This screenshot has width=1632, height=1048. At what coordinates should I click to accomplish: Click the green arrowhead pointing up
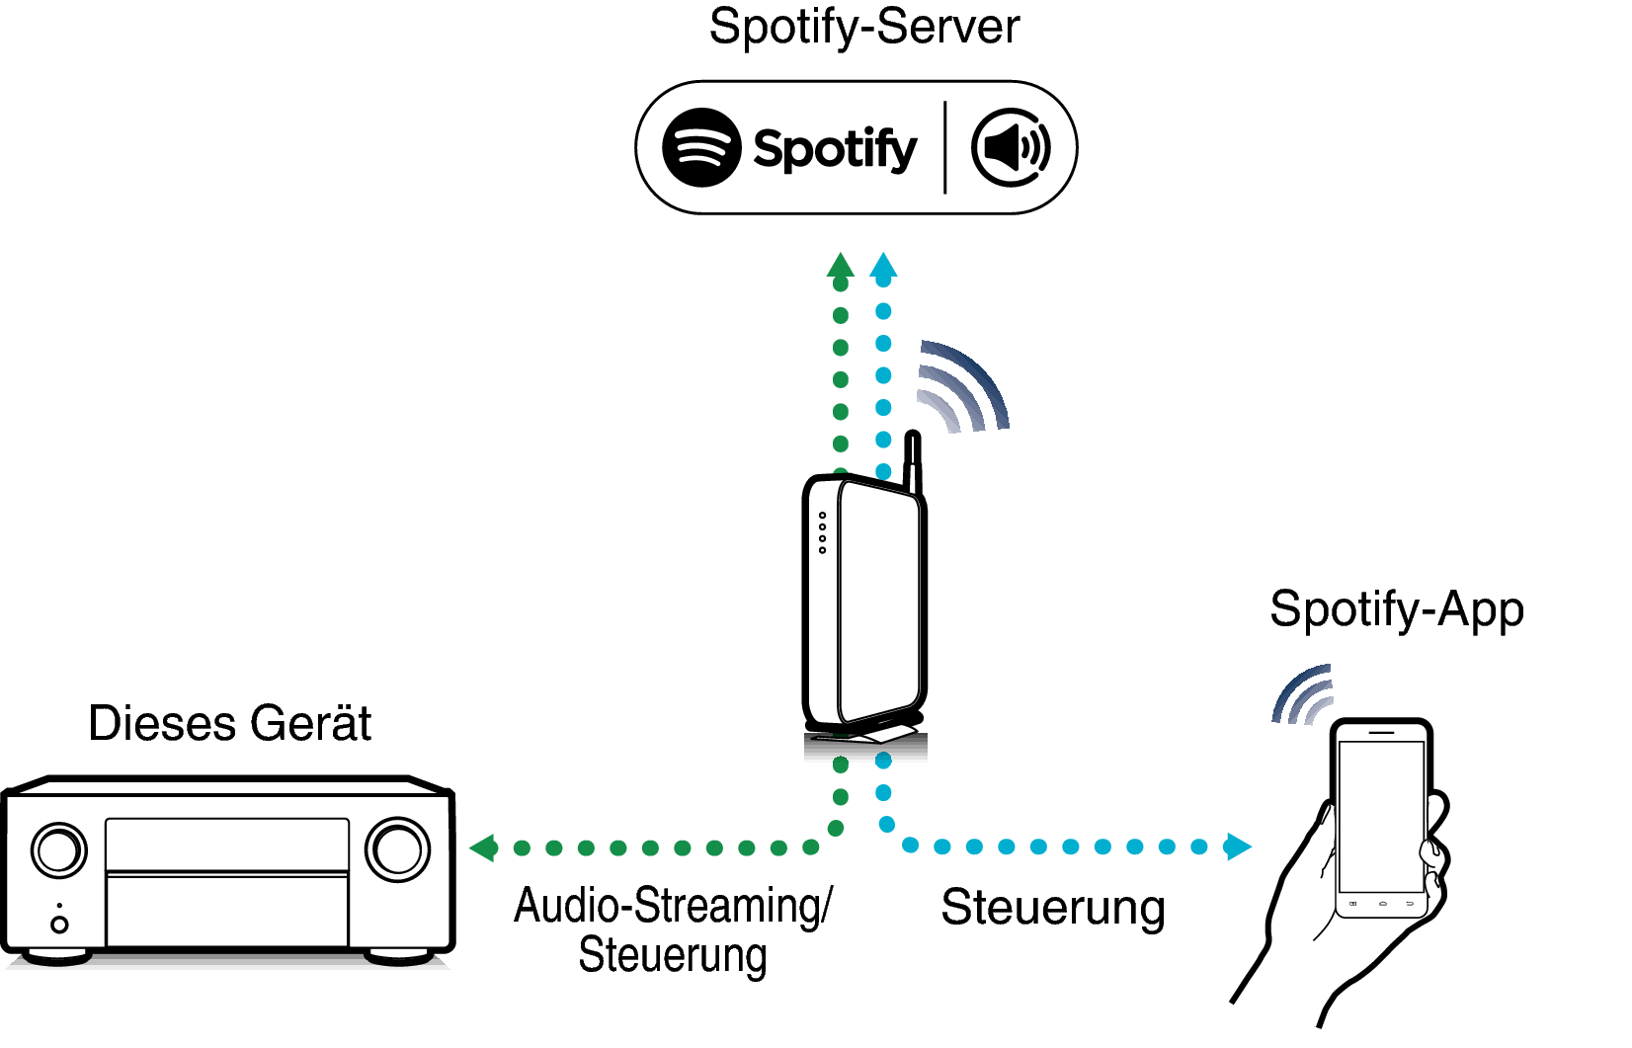840,265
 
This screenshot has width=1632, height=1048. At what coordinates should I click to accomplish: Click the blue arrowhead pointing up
883,265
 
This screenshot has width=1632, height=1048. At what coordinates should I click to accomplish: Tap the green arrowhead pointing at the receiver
482,847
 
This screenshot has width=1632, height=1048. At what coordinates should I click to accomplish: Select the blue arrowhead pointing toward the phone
1238,846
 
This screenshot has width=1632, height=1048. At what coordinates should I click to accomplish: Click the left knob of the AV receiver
58,850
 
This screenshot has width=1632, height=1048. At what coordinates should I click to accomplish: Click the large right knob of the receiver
397,849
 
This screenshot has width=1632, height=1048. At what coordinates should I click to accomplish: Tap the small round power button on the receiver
59,925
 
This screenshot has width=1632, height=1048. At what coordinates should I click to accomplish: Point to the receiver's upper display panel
227,845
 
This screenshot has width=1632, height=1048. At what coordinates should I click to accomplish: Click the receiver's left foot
57,956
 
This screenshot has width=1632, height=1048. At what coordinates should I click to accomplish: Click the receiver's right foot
398,956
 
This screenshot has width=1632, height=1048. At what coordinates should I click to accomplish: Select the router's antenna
913,464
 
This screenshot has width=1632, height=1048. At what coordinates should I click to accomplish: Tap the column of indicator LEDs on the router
822,532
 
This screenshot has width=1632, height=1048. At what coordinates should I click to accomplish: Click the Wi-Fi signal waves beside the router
958,390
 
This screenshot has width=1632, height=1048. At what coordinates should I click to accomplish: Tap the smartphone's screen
1381,816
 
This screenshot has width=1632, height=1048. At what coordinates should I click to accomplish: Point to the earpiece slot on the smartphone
1381,732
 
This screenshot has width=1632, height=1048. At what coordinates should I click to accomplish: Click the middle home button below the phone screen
1382,903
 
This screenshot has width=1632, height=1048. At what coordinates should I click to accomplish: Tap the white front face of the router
879,603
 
